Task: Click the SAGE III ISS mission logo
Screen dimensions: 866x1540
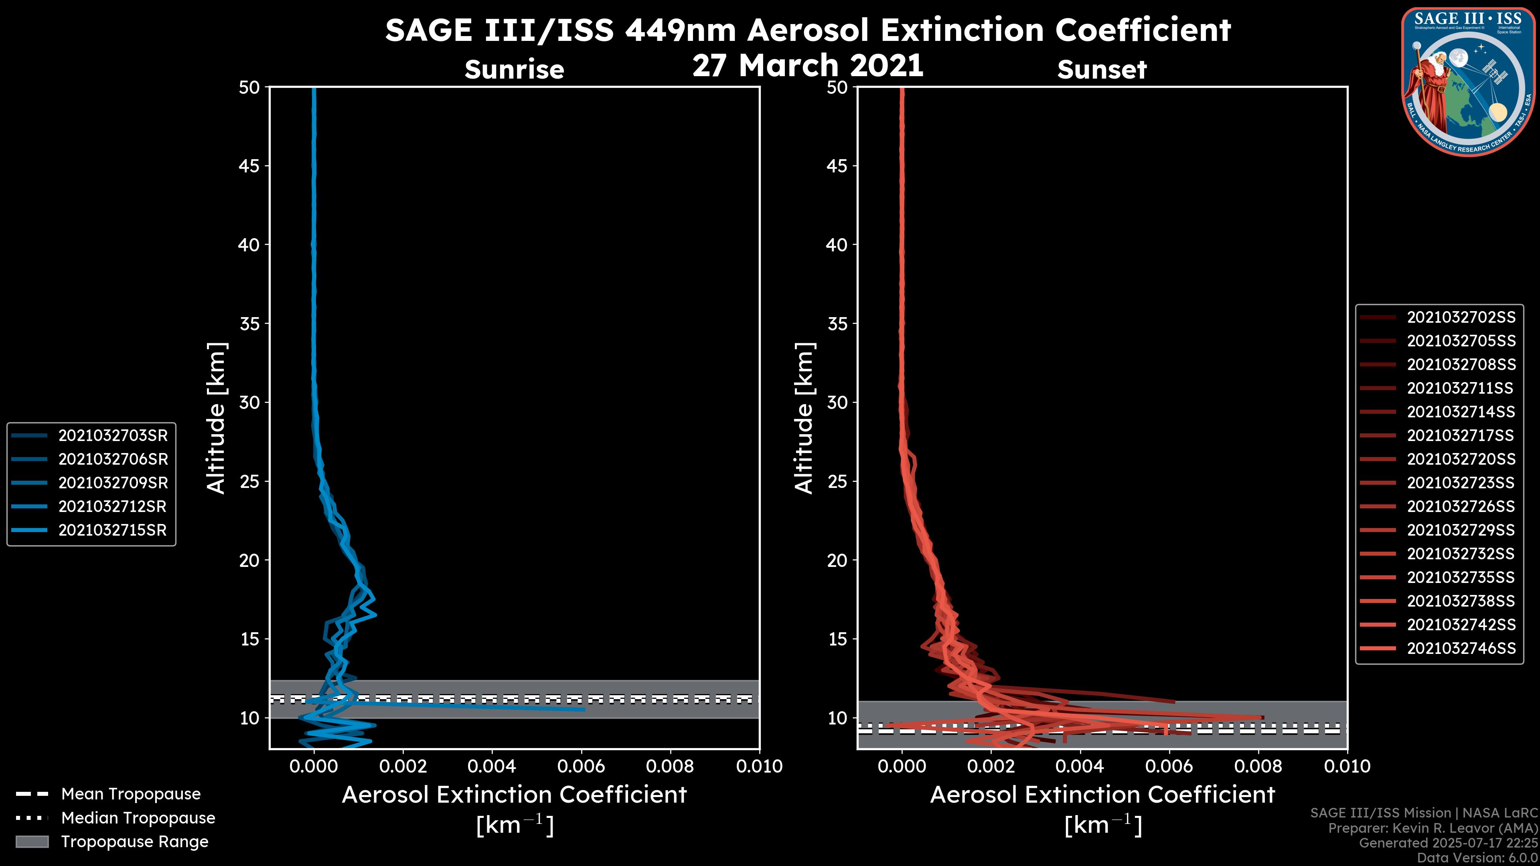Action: (1469, 81)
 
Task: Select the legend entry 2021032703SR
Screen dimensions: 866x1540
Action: (112, 436)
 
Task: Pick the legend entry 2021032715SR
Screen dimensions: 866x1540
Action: (112, 530)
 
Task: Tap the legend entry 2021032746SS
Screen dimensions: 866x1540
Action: (1461, 648)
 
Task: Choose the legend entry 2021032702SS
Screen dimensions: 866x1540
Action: (1461, 318)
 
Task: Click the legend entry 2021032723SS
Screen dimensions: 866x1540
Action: (1461, 483)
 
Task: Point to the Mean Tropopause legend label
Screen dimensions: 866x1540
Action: (131, 794)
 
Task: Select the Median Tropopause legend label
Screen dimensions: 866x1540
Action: (138, 818)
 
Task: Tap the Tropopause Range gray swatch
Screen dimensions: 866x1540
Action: (32, 842)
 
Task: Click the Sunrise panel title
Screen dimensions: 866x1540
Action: (514, 70)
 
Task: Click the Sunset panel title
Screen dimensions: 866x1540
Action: (1102, 70)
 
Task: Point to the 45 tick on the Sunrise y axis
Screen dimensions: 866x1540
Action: (249, 166)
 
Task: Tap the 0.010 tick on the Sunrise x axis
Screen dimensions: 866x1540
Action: (759, 766)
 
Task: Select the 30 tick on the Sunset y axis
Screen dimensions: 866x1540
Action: (837, 403)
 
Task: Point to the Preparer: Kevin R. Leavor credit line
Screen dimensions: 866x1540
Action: (1433, 828)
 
